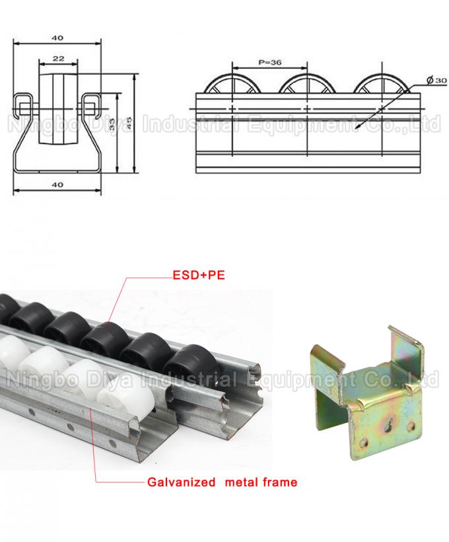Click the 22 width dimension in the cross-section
[x=58, y=59]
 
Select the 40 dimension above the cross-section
[x=58, y=38]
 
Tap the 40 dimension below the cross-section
[x=58, y=185]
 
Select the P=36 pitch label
[x=269, y=62]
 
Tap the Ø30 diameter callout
[x=436, y=79]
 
